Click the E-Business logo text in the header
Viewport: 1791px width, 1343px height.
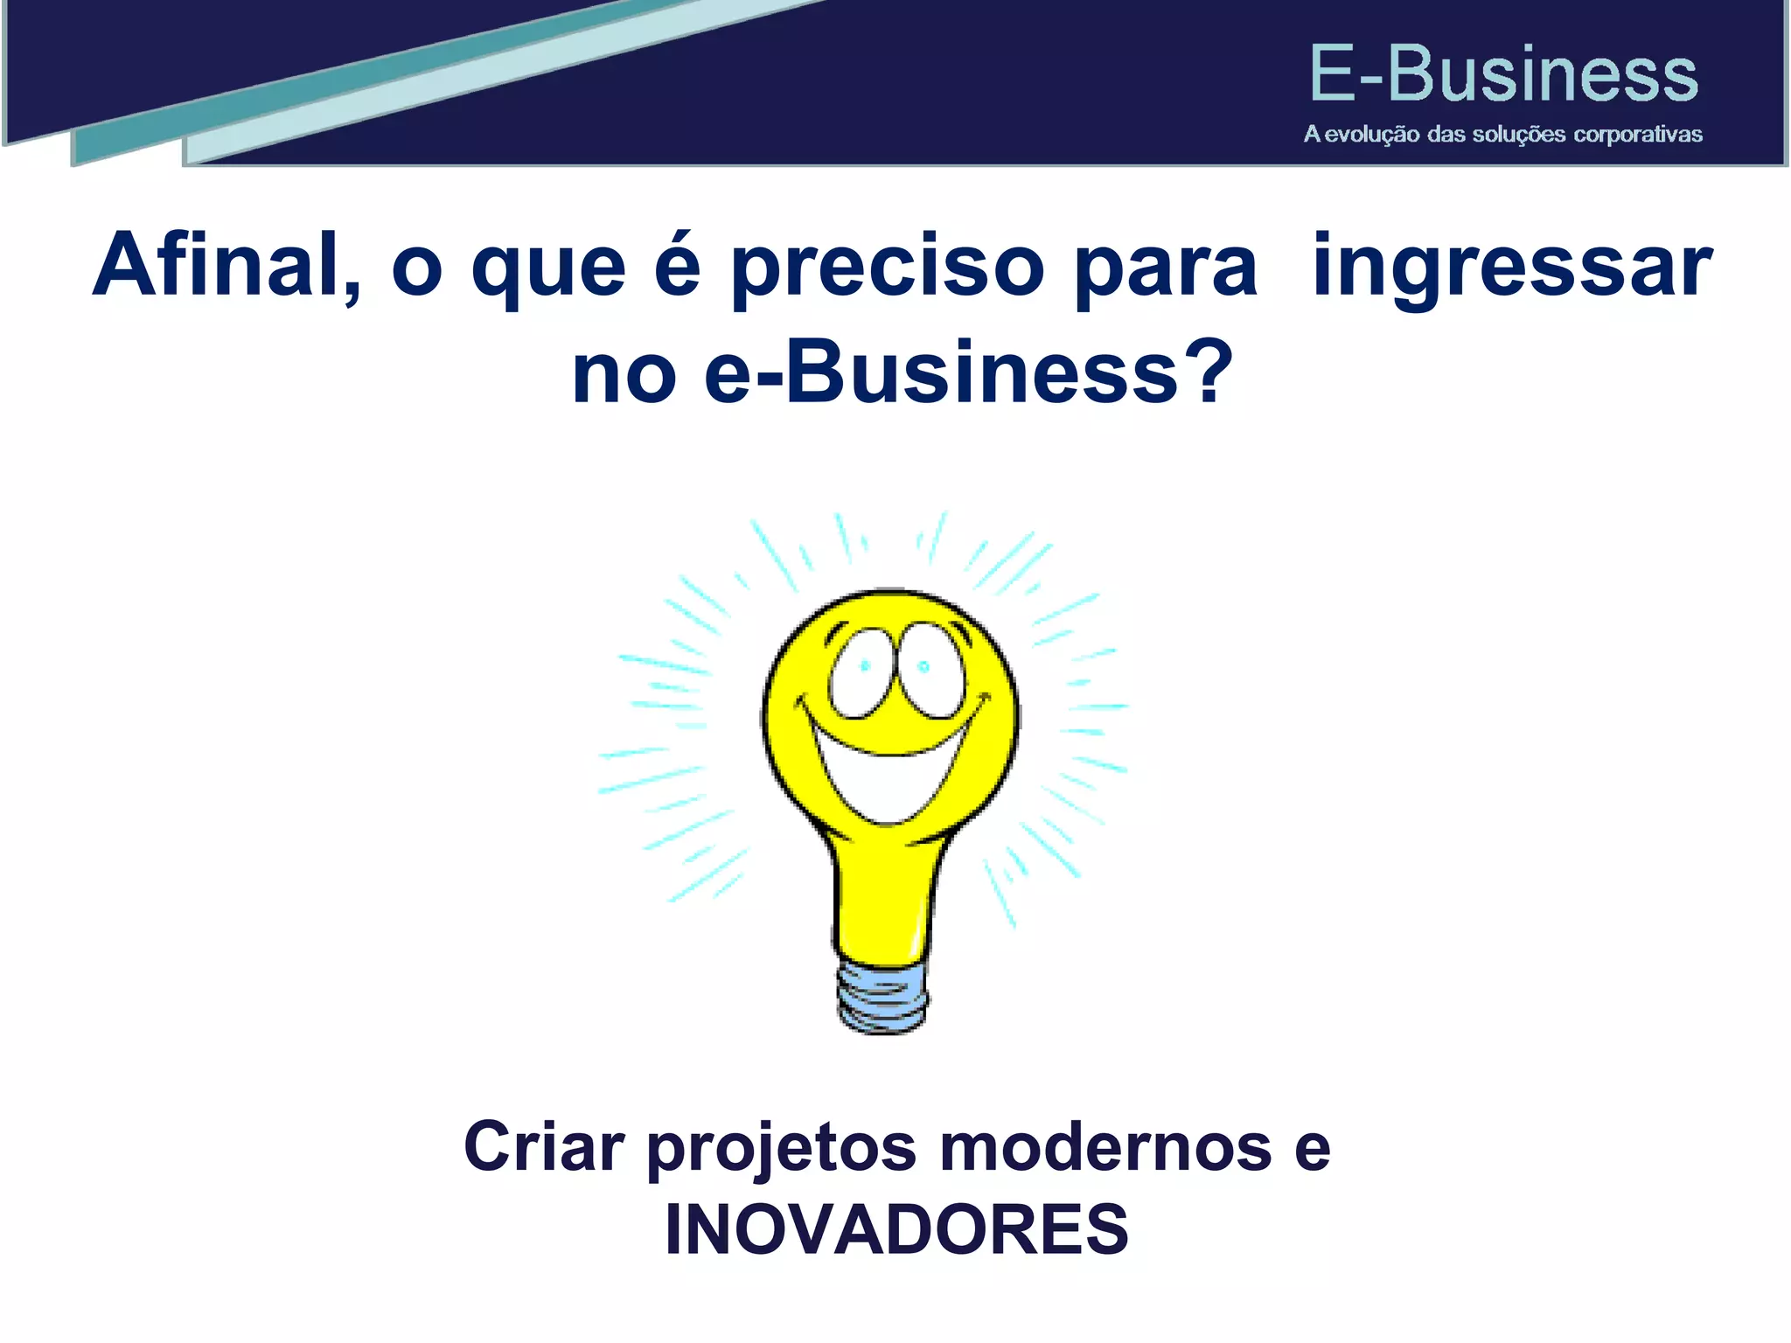point(1502,74)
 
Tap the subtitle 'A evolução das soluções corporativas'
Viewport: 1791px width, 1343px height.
point(1502,135)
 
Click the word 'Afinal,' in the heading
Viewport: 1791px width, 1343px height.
point(226,265)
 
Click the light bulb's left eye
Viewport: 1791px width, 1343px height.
point(861,671)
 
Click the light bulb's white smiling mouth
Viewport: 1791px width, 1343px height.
point(889,769)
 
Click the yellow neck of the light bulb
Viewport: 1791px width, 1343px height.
point(880,901)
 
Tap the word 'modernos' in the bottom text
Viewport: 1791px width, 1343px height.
point(1105,1147)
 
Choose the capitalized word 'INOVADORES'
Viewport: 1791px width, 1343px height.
point(896,1229)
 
